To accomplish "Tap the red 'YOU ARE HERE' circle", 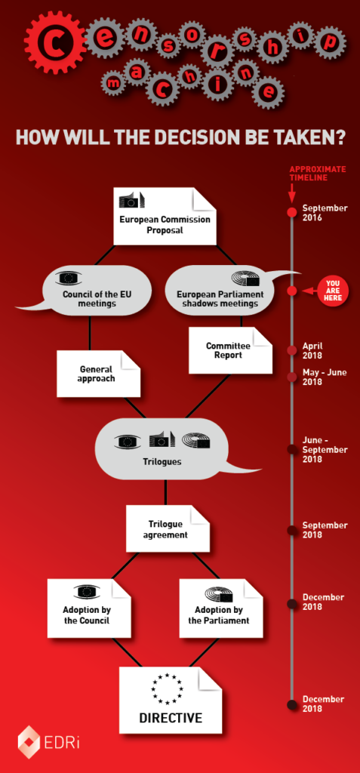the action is tap(334, 291).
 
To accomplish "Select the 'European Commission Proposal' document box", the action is tap(165, 215).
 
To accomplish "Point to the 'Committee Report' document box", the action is tap(230, 350).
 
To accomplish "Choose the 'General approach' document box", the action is tap(99, 374).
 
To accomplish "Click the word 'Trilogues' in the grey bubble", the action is tap(165, 463).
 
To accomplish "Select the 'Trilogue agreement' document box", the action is tap(168, 528).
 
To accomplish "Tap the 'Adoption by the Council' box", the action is tap(89, 608).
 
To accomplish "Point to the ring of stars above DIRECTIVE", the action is tap(168, 688).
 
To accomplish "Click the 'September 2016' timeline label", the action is tap(325, 212).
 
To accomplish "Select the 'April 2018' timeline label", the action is tap(312, 350).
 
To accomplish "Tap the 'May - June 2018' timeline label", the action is tap(325, 377).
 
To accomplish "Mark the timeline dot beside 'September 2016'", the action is tap(292, 212).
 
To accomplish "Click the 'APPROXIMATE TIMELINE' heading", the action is tap(317, 174).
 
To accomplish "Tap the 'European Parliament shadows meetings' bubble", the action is tap(220, 291).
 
